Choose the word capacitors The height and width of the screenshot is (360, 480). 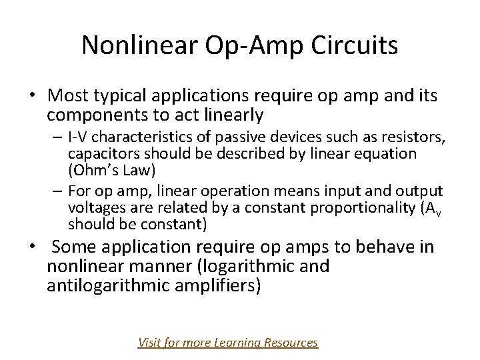click(99, 154)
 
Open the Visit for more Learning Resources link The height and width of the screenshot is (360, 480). click(227, 343)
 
